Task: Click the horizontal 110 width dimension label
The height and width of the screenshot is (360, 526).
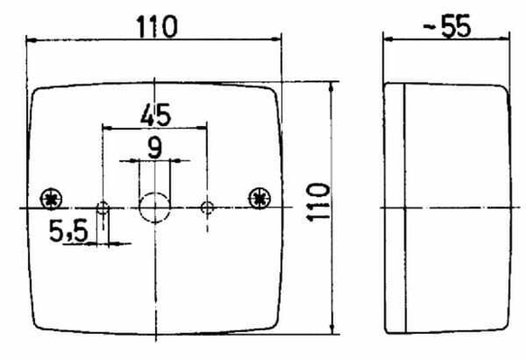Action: click(157, 26)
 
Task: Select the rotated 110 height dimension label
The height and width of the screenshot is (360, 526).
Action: click(318, 202)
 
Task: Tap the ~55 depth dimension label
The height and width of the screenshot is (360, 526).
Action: click(447, 25)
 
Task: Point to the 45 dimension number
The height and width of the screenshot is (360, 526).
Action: click(156, 114)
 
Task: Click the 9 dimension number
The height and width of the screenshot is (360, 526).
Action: click(155, 148)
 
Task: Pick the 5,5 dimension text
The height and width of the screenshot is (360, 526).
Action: click(68, 230)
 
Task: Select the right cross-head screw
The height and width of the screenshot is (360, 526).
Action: click(259, 198)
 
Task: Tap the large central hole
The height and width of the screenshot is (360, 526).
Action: click(155, 208)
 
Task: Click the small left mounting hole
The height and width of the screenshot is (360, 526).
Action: click(103, 208)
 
